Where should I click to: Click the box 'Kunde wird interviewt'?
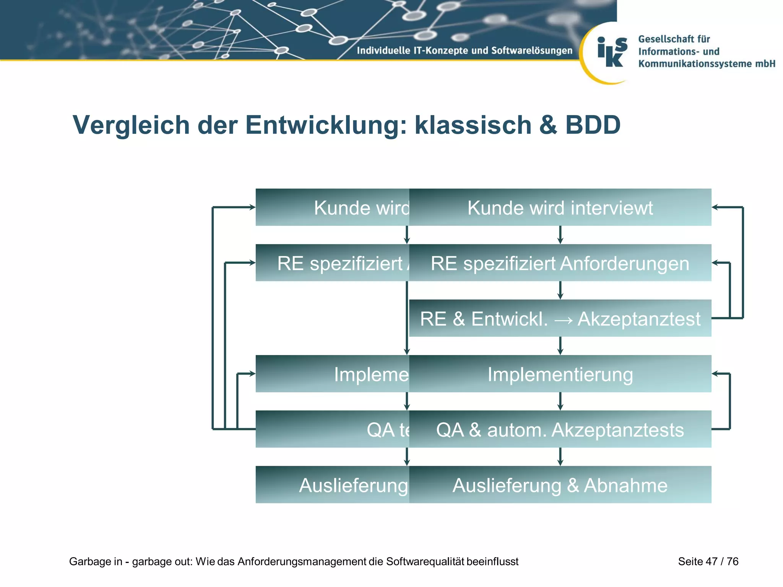560,207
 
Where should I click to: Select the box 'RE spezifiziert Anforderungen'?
560,263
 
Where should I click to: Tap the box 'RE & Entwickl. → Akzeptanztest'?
560,318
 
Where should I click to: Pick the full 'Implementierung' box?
560,374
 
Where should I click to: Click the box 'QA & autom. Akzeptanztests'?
560,429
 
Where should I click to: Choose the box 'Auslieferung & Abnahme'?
560,485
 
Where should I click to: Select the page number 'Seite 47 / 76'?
708,561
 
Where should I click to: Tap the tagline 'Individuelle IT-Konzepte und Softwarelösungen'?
464,50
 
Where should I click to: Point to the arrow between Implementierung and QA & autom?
560,401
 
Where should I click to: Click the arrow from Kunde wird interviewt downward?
560,235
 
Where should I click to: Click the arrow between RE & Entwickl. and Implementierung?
560,346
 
